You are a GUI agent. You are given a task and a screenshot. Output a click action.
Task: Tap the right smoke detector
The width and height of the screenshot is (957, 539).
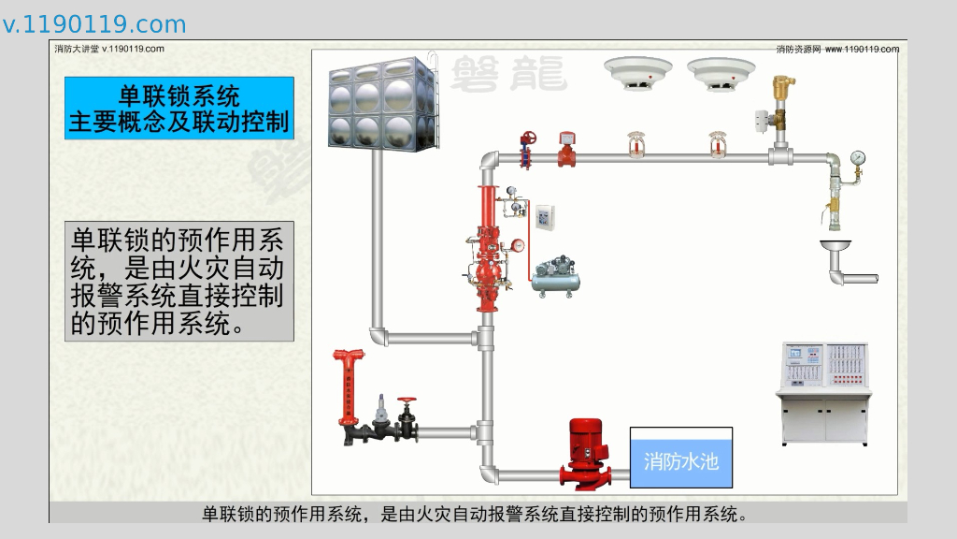point(721,72)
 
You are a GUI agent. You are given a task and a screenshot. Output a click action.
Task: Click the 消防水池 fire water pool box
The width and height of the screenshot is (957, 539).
point(680,459)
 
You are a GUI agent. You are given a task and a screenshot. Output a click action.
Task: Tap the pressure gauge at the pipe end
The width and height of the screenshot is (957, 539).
point(858,157)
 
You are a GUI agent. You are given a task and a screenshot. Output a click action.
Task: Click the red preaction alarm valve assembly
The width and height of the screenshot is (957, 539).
point(486,251)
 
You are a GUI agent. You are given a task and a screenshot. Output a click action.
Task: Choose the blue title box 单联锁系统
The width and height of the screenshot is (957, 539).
point(179,109)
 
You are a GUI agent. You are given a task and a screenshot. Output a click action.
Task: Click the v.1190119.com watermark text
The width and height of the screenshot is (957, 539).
point(94,24)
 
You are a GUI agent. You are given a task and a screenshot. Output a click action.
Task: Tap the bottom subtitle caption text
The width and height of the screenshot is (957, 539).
point(477,514)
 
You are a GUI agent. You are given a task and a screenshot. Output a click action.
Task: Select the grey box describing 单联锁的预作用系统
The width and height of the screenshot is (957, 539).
point(179,282)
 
